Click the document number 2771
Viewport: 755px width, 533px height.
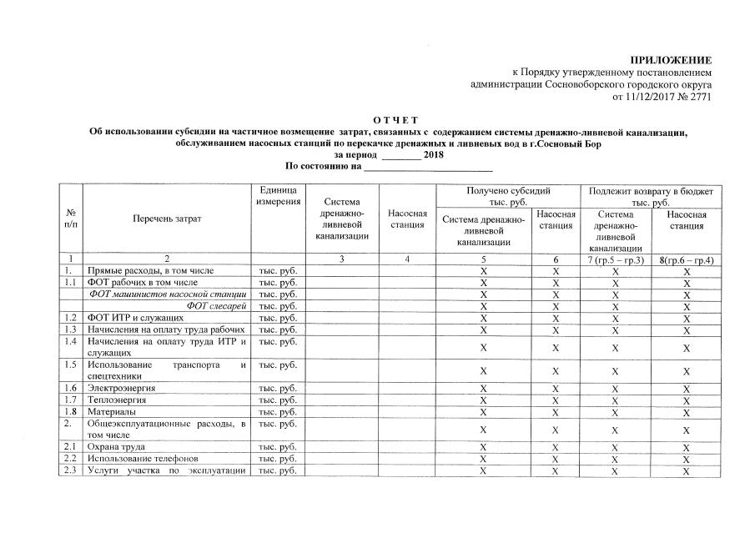coord(699,98)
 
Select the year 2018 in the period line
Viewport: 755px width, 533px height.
coord(434,155)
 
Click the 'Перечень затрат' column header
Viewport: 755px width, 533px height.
coord(167,219)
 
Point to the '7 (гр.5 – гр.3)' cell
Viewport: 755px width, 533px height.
coord(615,259)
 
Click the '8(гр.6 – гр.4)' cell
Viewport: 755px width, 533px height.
coord(686,259)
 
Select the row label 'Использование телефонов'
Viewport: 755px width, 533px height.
coord(143,460)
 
